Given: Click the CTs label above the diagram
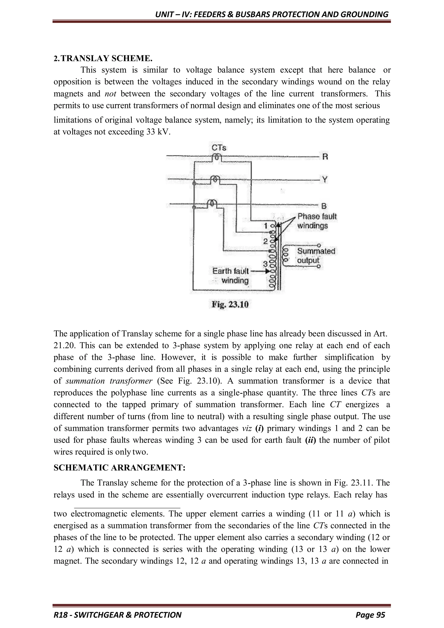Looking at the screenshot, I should pyautogui.click(x=219, y=148).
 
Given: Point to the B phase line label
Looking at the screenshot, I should pyautogui.click(x=324, y=206).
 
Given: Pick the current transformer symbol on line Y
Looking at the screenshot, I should pyautogui.click(x=215, y=179).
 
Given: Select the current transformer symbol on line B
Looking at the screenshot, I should pyautogui.click(x=212, y=203).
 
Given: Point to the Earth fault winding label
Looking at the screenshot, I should pyautogui.click(x=231, y=275).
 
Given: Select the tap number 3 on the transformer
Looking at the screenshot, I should pyautogui.click(x=265, y=264).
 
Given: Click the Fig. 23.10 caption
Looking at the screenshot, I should pyautogui.click(x=230, y=304).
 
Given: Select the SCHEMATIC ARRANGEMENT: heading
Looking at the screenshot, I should pyautogui.click(x=119, y=468).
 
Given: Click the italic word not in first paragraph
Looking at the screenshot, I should pyautogui.click(x=110, y=94).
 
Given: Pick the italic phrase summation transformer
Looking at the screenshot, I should pyautogui.click(x=109, y=381).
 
